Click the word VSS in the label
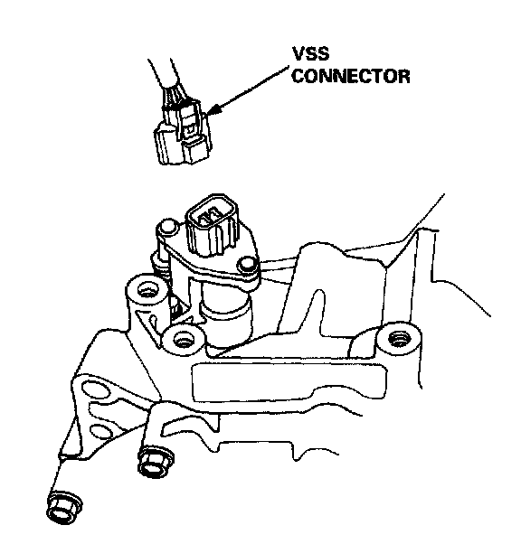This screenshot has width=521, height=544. pyautogui.click(x=310, y=54)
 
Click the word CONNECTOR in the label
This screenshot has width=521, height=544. pyautogui.click(x=351, y=76)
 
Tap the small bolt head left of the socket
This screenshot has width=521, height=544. pyautogui.click(x=167, y=226)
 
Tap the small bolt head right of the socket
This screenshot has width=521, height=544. pyautogui.click(x=247, y=265)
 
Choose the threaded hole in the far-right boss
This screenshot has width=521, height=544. pyautogui.click(x=399, y=338)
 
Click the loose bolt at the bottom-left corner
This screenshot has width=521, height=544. pyautogui.click(x=63, y=508)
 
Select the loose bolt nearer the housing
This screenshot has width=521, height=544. pyautogui.click(x=156, y=463)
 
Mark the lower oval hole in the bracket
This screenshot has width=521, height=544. pyautogui.click(x=99, y=430)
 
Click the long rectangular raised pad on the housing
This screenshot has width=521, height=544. pyautogui.click(x=289, y=381)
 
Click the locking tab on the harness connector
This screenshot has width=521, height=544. pyautogui.click(x=190, y=119)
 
